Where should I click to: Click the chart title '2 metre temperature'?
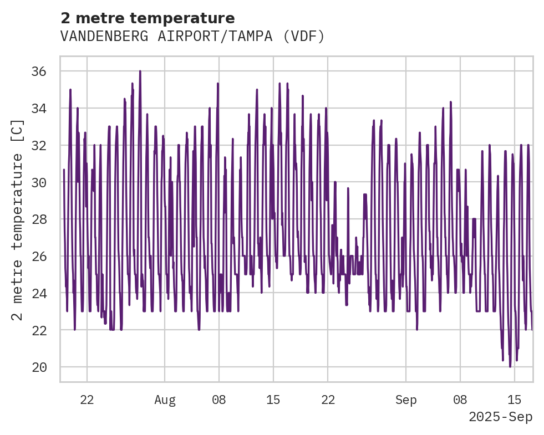pos(148,18)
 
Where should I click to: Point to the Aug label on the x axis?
pos(165,400)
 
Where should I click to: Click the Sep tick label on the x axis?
pos(406,400)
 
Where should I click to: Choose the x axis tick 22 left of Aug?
pos(87,400)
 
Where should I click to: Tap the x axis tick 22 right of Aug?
pos(328,400)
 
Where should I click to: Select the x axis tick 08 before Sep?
pos(219,400)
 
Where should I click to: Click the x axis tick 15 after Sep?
pos(515,400)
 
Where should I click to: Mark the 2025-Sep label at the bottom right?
pos(501,417)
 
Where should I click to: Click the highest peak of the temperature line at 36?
pos(140,71)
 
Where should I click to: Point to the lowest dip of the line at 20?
pos(510,366)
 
